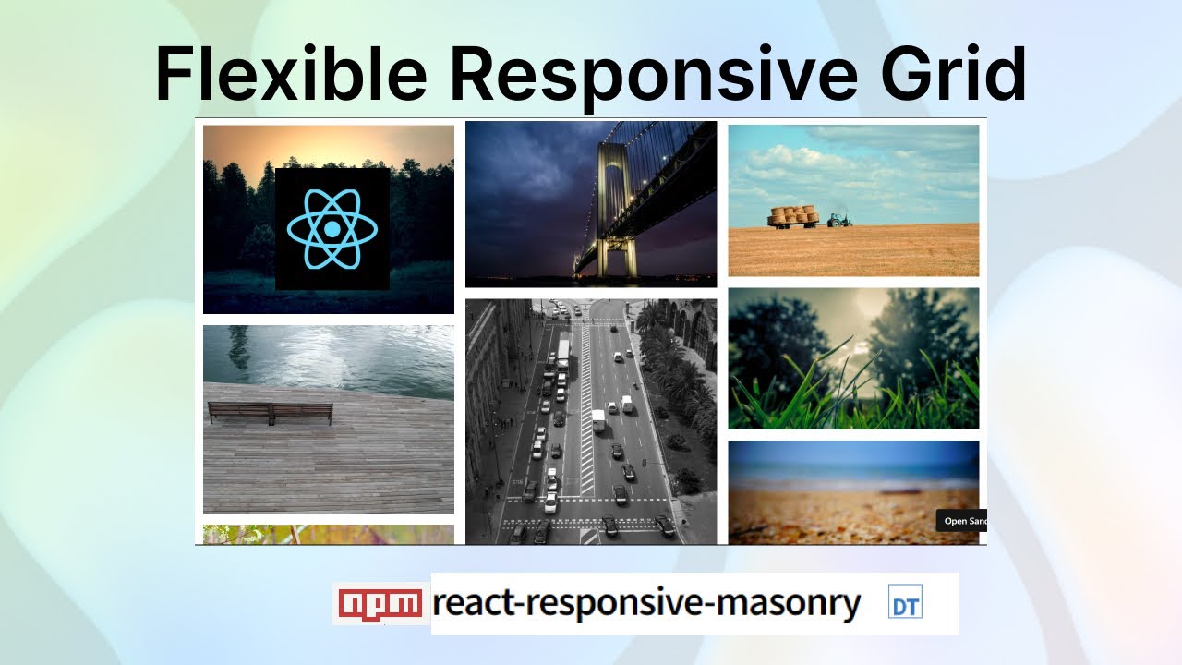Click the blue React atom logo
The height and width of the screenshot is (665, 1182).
click(332, 229)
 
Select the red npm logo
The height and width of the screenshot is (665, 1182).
click(380, 603)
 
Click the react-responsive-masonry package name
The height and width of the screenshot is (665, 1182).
click(646, 603)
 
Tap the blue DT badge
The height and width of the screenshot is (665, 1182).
click(905, 604)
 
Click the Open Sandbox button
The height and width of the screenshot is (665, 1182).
click(962, 521)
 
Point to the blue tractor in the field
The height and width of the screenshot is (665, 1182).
click(838, 219)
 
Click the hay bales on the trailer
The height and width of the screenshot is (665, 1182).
click(793, 216)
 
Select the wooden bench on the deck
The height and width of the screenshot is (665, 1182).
click(270, 413)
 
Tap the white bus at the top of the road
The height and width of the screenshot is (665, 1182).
click(563, 348)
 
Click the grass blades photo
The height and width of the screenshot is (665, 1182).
click(853, 358)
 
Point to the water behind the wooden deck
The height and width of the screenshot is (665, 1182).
click(328, 356)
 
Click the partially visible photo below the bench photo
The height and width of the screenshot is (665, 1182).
click(328, 535)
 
